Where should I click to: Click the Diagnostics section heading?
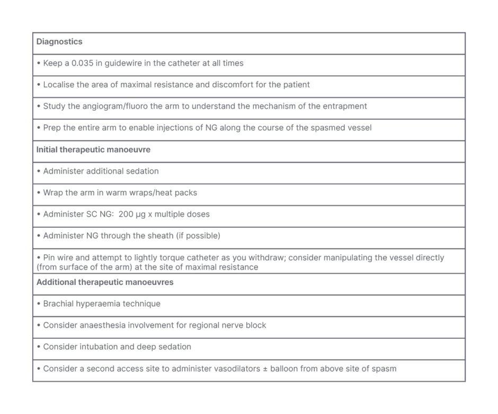(x=59, y=42)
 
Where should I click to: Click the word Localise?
(x=60, y=85)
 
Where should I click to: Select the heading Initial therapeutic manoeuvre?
(x=93, y=150)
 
